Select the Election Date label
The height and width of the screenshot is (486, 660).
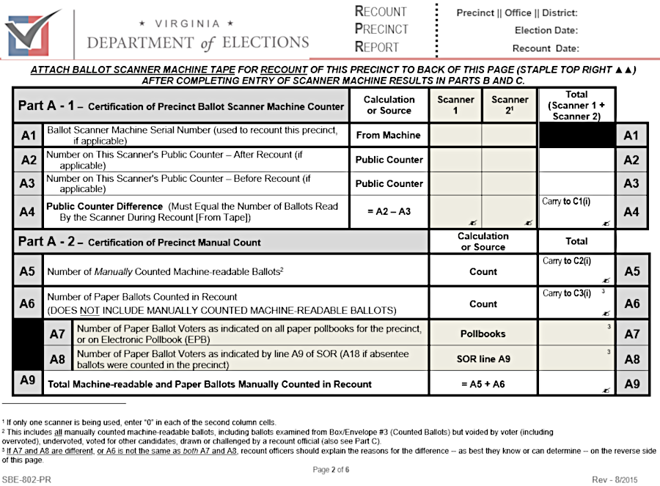click(546, 31)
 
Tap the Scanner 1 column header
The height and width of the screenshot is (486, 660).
click(455, 105)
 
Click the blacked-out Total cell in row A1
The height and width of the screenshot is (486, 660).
click(576, 135)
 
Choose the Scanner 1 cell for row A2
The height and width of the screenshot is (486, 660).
click(455, 159)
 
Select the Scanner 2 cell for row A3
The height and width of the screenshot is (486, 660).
click(510, 183)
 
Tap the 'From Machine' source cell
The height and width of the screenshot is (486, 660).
click(389, 135)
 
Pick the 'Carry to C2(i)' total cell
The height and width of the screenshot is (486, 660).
click(576, 270)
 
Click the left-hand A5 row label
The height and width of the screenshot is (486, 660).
click(27, 271)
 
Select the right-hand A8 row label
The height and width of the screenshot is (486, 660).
click(631, 359)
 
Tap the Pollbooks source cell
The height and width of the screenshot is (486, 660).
click(483, 334)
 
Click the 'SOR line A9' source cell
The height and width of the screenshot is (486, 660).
click(483, 359)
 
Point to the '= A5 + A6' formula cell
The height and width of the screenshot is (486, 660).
click(483, 383)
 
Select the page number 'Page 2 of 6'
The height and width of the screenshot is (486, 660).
click(329, 470)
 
